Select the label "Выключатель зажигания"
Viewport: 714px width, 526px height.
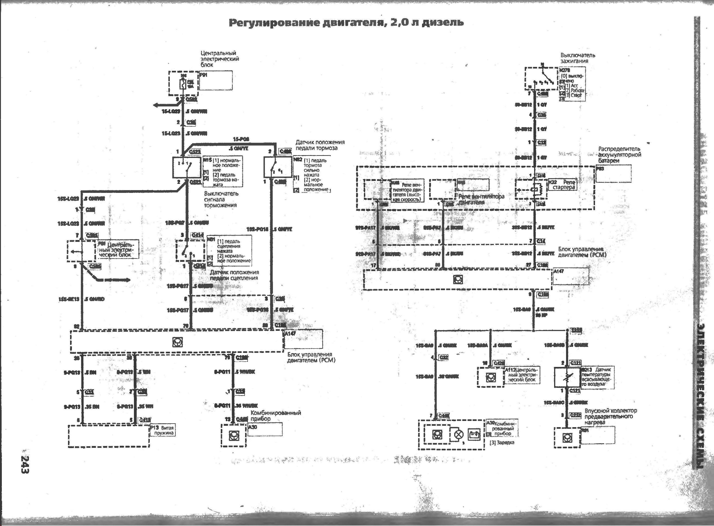click(x=578, y=58)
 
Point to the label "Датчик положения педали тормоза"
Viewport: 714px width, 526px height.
click(x=320, y=145)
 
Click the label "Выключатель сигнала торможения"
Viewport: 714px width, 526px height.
click(x=221, y=199)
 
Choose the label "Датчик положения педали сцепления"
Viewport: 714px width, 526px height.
click(x=234, y=275)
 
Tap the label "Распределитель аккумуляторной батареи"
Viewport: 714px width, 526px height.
click(x=620, y=155)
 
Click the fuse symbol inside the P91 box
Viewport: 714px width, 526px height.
click(x=183, y=84)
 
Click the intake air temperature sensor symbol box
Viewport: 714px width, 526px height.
click(x=567, y=377)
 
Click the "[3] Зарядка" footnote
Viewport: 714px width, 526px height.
click(x=502, y=443)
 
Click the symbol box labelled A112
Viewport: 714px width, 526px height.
click(x=490, y=377)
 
